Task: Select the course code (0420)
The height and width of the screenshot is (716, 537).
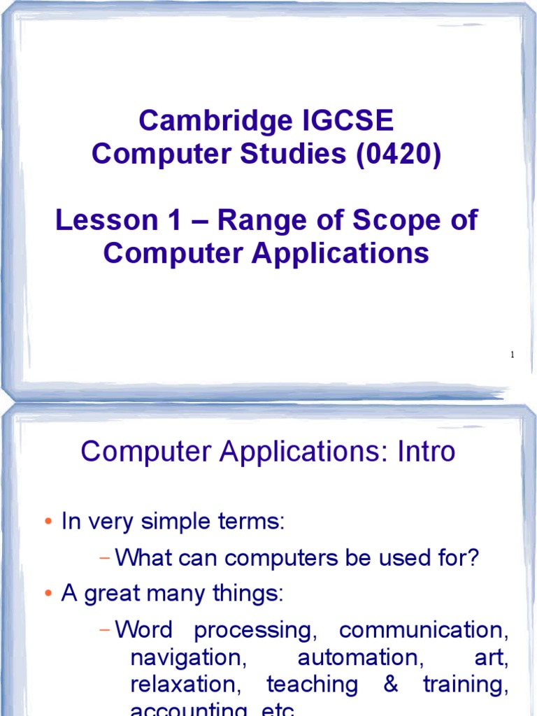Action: (x=399, y=155)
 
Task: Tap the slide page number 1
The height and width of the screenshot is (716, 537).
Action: (x=513, y=355)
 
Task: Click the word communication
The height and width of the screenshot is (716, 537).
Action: (x=423, y=631)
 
